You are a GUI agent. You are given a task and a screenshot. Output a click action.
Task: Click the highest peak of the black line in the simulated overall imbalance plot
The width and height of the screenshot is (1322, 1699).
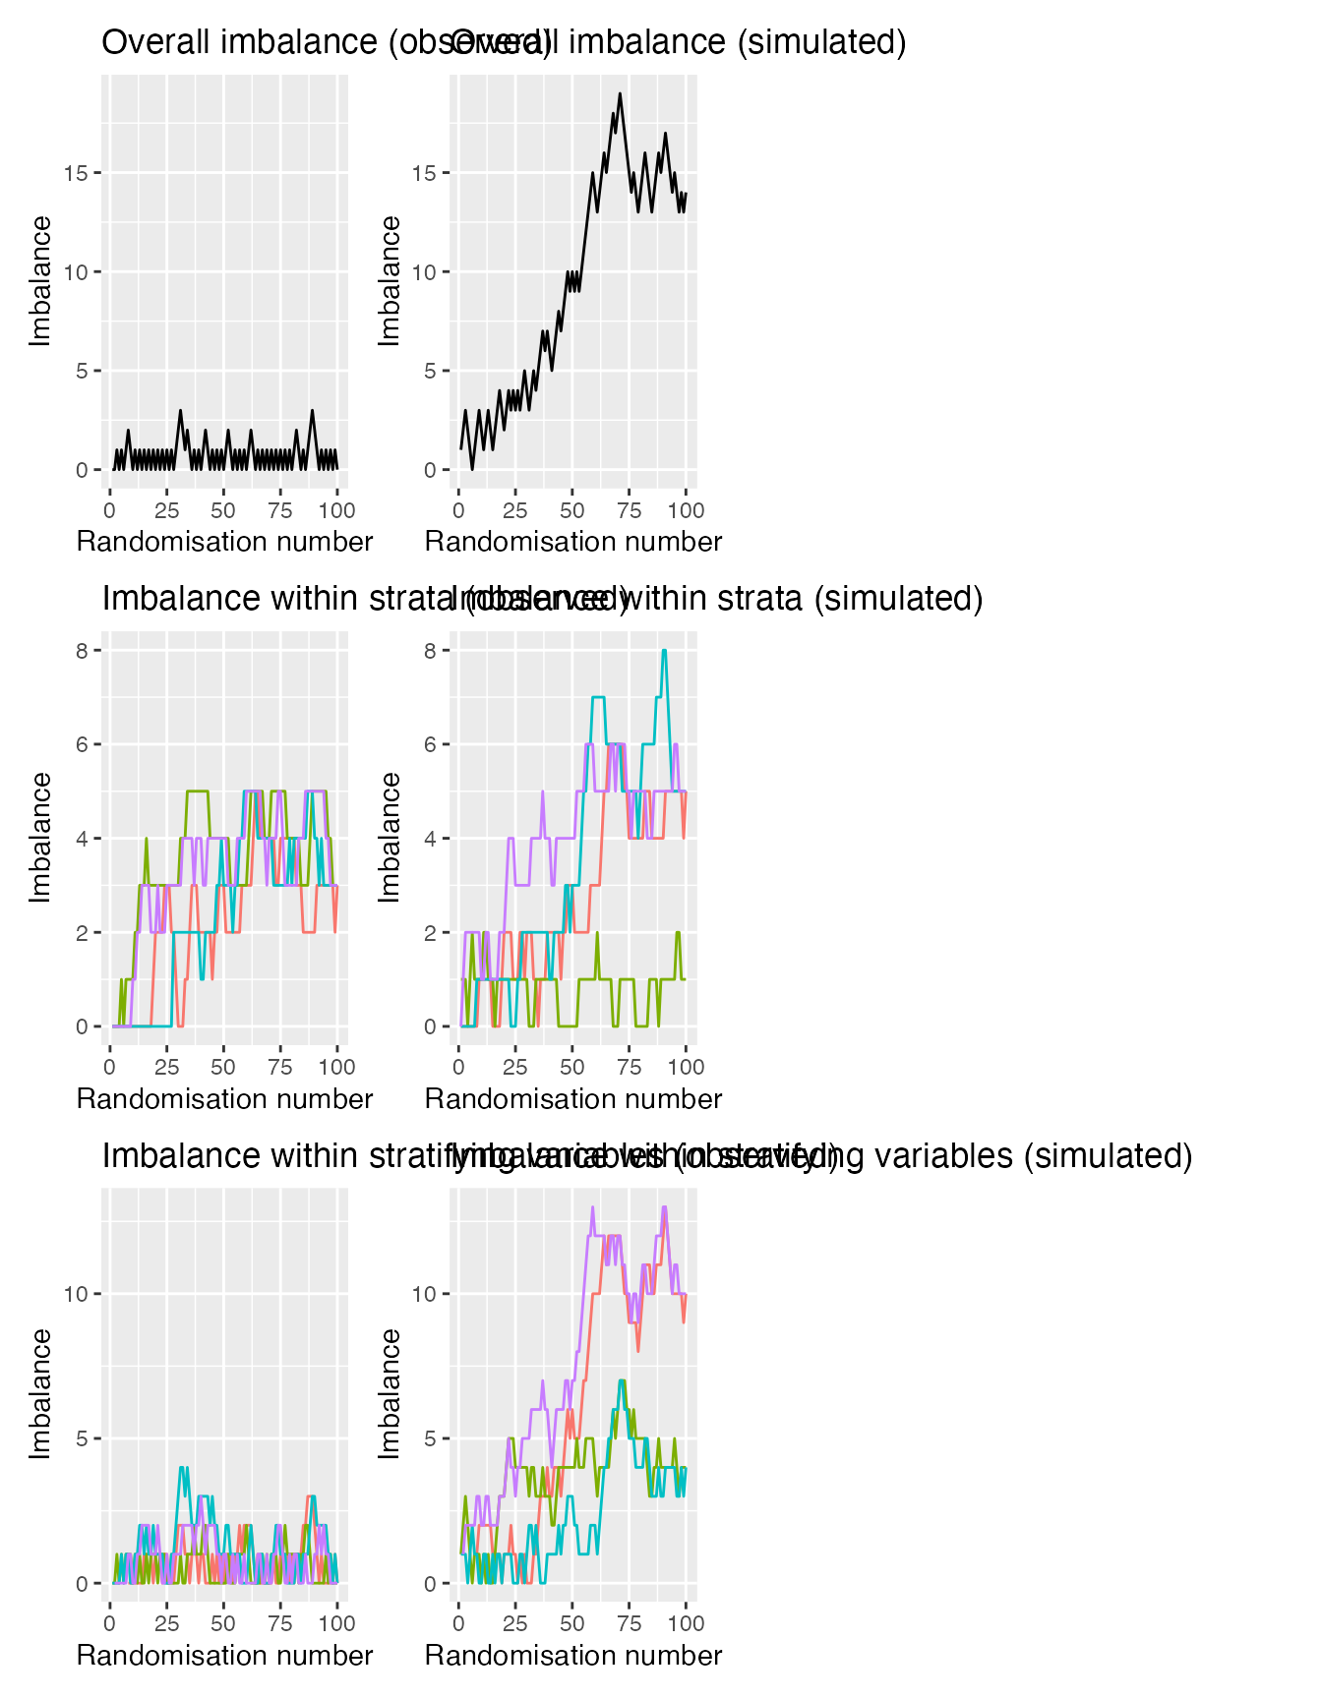tap(620, 94)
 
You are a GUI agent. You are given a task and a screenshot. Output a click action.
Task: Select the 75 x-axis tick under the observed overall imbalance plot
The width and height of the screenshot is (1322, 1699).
tap(280, 510)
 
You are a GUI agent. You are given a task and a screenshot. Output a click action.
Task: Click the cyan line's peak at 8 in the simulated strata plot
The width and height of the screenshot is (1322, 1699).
tap(665, 651)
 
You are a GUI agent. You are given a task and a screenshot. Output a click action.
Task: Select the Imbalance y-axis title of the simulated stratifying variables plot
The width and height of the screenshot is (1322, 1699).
tap(391, 1393)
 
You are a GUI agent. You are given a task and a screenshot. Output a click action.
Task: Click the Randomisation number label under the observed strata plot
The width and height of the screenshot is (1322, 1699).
tap(224, 1098)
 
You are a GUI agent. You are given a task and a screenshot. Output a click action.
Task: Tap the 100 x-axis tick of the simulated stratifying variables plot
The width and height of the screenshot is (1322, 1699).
tap(686, 1623)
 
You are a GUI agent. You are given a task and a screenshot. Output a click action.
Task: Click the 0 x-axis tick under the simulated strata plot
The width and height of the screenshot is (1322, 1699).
tap(458, 1067)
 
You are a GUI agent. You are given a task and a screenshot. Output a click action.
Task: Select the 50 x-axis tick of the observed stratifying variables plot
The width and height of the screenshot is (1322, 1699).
tap(223, 1623)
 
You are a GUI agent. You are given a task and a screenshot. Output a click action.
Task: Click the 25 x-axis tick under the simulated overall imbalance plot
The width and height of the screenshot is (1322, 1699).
tap(515, 510)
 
